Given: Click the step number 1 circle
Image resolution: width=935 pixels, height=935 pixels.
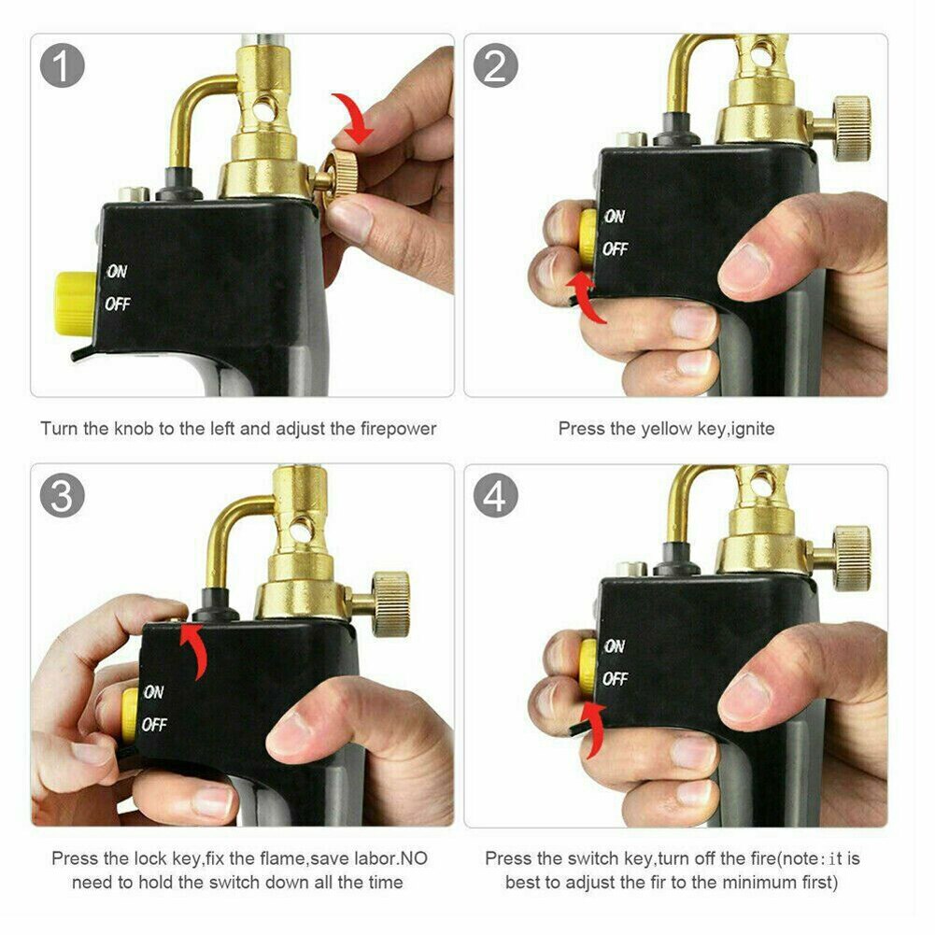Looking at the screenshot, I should tap(64, 66).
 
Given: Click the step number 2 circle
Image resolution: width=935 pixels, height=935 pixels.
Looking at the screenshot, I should tap(496, 66).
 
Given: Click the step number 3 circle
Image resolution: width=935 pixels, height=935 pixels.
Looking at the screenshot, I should tap(63, 496).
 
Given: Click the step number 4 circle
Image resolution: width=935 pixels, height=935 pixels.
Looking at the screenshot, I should tap(496, 496).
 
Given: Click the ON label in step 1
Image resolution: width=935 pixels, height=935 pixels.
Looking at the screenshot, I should tap(117, 272).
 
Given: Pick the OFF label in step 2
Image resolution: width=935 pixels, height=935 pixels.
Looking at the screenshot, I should tap(615, 249).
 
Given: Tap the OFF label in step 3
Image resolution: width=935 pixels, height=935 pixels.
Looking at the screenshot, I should tap(154, 725).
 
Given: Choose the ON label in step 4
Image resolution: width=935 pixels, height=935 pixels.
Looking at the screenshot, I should tap(615, 645).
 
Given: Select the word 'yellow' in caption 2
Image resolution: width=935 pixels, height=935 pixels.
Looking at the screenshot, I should tap(665, 429).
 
